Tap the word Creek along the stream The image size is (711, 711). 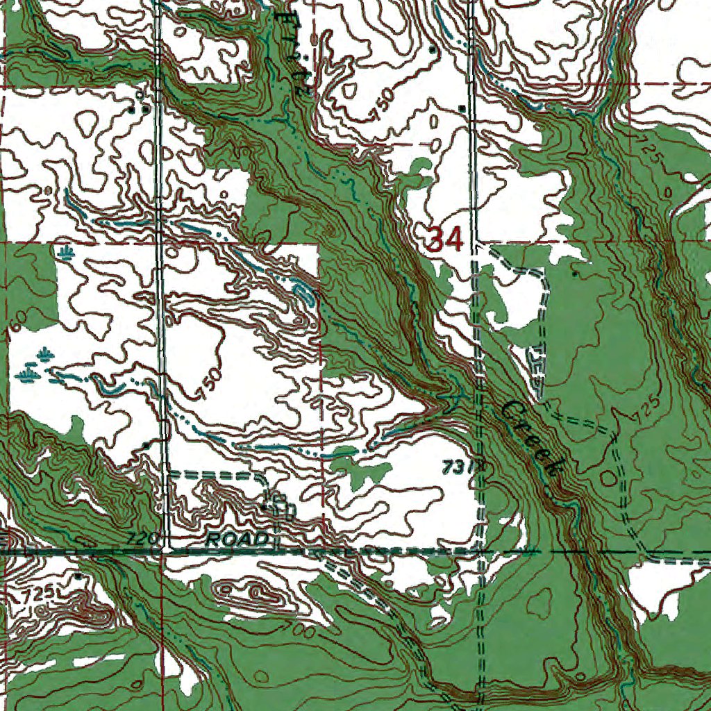click(531, 437)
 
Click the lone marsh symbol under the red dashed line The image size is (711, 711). click(66, 252)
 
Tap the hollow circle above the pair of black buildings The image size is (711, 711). click(140, 93)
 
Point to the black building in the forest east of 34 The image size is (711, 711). click(574, 274)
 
